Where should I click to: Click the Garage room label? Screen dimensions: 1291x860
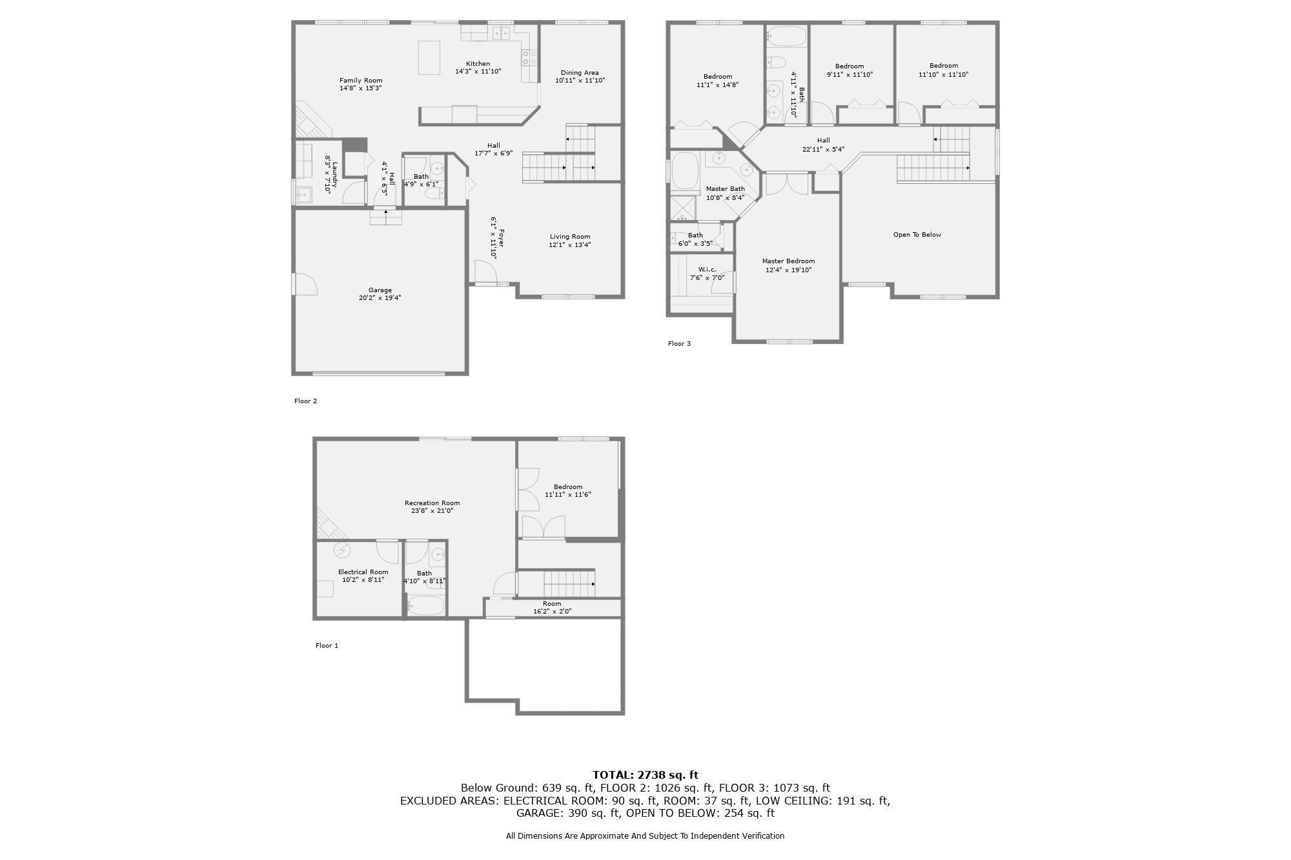pyautogui.click(x=380, y=290)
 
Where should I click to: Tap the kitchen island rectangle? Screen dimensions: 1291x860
pyautogui.click(x=429, y=57)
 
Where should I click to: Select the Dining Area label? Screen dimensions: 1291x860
pyautogui.click(x=580, y=73)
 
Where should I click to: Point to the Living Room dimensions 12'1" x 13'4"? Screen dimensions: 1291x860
pyautogui.click(x=570, y=245)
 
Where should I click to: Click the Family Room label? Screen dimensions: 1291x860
pyautogui.click(x=361, y=81)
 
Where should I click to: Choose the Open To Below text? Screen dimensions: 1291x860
pyautogui.click(x=917, y=235)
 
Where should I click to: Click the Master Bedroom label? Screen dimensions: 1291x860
pyautogui.click(x=788, y=261)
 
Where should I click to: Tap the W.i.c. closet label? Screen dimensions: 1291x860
pyautogui.click(x=707, y=270)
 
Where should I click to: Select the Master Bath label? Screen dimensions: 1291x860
pyautogui.click(x=725, y=189)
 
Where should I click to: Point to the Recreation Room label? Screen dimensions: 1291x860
pyautogui.click(x=432, y=503)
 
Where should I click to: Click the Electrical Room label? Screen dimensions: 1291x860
pyautogui.click(x=363, y=572)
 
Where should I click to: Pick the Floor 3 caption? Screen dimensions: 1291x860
pyautogui.click(x=679, y=344)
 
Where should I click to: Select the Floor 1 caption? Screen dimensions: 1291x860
pyautogui.click(x=327, y=646)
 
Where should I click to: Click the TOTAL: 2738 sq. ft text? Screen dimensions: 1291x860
pyautogui.click(x=645, y=775)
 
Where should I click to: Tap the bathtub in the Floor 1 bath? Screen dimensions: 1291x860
pyautogui.click(x=425, y=605)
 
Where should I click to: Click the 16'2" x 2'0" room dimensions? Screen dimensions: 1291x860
pyautogui.click(x=552, y=612)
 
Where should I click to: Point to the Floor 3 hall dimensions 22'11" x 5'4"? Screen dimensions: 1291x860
pyautogui.click(x=823, y=150)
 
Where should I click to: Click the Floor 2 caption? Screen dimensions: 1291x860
pyautogui.click(x=305, y=401)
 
